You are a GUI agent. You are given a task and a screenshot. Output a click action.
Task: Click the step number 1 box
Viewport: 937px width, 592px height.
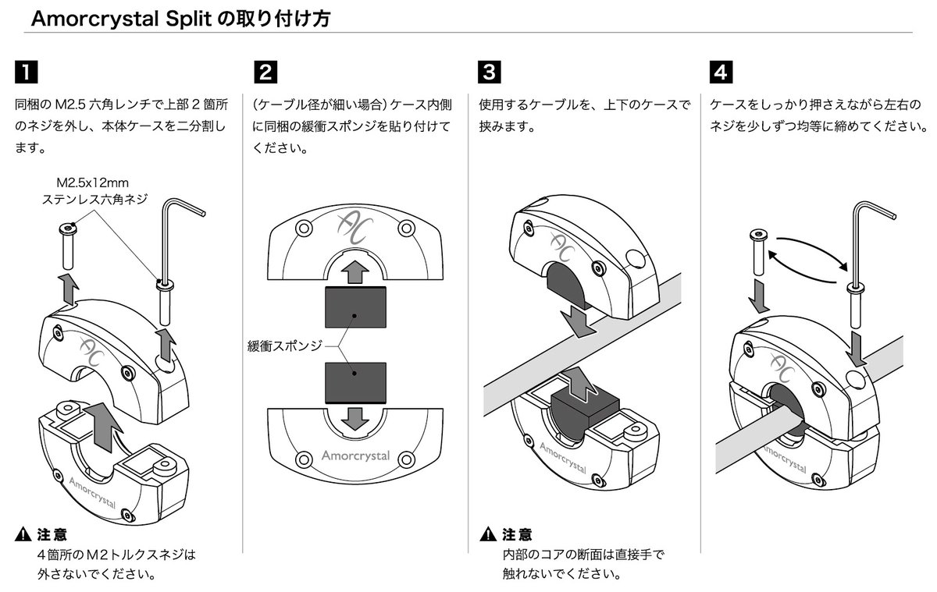(26, 73)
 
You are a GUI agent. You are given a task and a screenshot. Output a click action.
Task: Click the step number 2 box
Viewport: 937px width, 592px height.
(265, 73)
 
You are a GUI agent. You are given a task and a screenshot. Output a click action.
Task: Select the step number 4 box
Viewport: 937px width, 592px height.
(721, 73)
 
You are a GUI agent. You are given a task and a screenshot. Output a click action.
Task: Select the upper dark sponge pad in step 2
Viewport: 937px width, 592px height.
(355, 307)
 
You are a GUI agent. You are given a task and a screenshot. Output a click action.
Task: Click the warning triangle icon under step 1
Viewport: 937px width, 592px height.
(23, 535)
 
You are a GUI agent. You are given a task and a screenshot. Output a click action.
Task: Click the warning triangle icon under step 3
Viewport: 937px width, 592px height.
(488, 535)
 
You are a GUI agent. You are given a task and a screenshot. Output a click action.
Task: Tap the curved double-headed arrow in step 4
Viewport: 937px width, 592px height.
(807, 260)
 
